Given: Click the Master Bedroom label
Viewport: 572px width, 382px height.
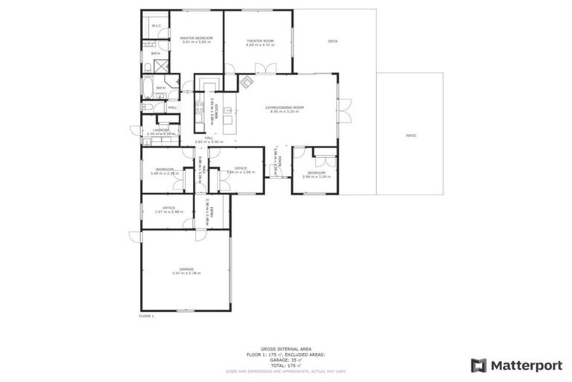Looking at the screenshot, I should pyautogui.click(x=197, y=38).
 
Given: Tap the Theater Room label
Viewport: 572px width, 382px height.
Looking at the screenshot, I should pyautogui.click(x=260, y=40).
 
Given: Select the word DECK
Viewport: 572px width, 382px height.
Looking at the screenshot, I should pyautogui.click(x=332, y=41).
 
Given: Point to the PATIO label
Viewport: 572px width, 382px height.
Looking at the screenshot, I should pyautogui.click(x=410, y=136).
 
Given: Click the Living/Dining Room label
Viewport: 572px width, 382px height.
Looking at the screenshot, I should pyautogui.click(x=285, y=107).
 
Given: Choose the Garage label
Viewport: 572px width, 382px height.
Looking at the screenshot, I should pyautogui.click(x=185, y=269).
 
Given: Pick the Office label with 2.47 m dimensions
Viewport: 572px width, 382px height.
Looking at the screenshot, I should pyautogui.click(x=169, y=207).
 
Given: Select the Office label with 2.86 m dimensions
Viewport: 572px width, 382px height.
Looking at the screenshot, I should pyautogui.click(x=241, y=169).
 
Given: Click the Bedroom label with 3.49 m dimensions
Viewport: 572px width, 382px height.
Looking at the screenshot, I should pyautogui.click(x=165, y=169).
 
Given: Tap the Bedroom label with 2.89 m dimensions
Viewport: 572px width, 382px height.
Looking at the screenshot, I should pyautogui.click(x=317, y=173).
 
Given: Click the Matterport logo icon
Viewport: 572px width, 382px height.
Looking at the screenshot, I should pyautogui.click(x=479, y=365).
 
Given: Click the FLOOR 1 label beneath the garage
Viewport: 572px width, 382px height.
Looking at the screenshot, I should pyautogui.click(x=146, y=316).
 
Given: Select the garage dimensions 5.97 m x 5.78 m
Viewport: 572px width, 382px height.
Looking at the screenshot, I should pyautogui.click(x=185, y=273).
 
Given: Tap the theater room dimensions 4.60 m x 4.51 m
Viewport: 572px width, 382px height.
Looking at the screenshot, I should pyautogui.click(x=260, y=45).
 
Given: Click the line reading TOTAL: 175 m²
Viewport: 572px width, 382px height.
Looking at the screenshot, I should pyautogui.click(x=286, y=366).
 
